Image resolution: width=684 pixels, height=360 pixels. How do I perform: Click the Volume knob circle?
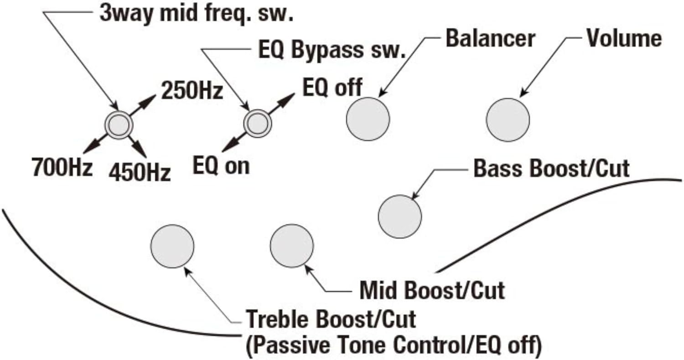pos(508,119)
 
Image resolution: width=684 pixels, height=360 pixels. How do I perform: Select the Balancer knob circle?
pos(368,119)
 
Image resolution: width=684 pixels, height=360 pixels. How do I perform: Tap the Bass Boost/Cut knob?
pos(400,216)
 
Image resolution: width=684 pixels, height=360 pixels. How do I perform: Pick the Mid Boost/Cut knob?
pos(291,246)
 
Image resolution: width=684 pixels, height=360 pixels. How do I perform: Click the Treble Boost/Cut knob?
pos(172,246)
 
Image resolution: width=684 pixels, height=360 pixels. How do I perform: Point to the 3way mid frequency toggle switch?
pos(119,123)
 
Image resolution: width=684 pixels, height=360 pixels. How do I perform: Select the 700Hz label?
pos(62,167)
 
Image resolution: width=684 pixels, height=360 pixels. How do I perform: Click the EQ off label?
pos(332,87)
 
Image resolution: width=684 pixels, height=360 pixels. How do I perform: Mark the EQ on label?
pos(221,166)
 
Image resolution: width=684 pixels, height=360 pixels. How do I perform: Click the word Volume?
pos(623,39)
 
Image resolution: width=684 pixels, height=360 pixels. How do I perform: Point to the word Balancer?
pos(490,39)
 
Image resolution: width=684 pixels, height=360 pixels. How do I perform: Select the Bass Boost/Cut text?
pos(552,169)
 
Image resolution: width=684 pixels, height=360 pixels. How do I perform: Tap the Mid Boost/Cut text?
pos(432,290)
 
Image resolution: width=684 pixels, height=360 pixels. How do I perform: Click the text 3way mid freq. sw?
pos(197,14)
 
